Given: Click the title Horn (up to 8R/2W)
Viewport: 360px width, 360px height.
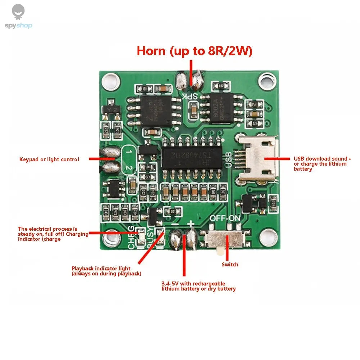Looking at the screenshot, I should [x=194, y=51].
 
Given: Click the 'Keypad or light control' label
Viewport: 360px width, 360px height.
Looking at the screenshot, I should [x=49, y=159].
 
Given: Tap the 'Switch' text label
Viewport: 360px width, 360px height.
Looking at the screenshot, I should [x=230, y=265].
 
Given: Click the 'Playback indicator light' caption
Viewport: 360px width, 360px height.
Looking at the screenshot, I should [x=106, y=271].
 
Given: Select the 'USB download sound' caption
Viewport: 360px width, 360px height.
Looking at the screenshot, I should [x=321, y=164].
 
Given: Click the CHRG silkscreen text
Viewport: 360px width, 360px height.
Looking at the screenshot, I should [x=131, y=238].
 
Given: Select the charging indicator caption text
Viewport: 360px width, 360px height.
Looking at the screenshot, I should [x=53, y=234].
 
